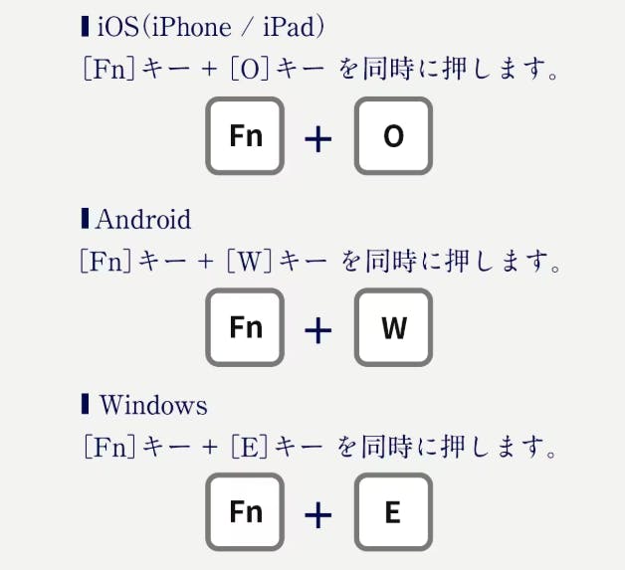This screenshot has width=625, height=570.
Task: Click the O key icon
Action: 393,135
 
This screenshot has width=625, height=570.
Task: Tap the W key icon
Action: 393,327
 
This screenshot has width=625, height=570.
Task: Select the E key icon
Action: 393,512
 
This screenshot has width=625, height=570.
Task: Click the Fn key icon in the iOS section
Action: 246,135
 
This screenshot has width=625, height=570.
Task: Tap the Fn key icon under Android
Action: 246,327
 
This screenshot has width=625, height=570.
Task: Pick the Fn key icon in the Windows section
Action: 246,512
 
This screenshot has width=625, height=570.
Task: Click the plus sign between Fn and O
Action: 317,138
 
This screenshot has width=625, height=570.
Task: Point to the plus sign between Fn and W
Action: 317,329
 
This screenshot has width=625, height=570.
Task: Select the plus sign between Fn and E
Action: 317,514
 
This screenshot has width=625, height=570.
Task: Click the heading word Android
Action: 143,219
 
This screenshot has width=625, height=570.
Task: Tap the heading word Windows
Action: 153,406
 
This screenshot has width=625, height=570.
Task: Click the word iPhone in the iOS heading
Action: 194,27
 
